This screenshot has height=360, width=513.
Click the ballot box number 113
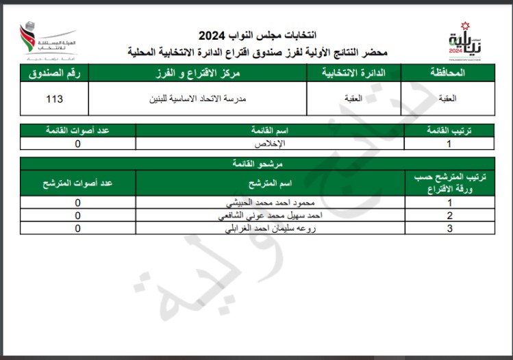54,99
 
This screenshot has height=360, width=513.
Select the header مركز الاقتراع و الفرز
197,73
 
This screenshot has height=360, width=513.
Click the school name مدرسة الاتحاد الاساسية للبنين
197,99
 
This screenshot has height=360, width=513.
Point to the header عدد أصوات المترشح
77,183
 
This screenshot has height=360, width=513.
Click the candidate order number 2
449,216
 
